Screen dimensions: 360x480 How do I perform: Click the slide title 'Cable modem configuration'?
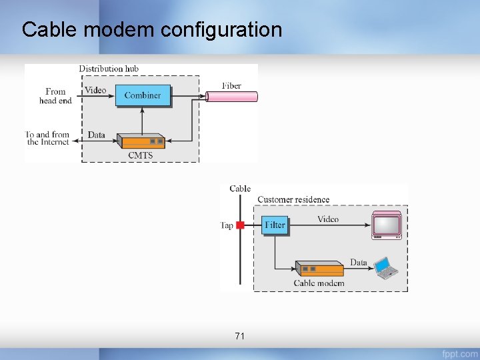click(152, 30)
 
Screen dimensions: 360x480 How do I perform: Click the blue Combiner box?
click(143, 95)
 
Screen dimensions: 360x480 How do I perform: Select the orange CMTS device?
click(141, 141)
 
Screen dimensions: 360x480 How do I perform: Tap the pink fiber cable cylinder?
click(231, 97)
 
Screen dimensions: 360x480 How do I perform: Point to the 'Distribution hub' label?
click(109, 69)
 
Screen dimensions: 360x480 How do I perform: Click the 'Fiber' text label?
click(231, 85)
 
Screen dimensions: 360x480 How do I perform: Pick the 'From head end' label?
click(56, 96)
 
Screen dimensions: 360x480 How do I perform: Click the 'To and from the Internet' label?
click(48, 138)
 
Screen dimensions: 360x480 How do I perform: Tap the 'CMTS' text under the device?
click(140, 155)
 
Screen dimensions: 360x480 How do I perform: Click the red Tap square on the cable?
click(241, 225)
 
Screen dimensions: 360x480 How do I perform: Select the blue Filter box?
click(275, 225)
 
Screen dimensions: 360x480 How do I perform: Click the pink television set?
click(387, 225)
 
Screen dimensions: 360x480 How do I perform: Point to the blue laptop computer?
click(387, 267)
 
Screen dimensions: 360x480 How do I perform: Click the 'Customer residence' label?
click(293, 199)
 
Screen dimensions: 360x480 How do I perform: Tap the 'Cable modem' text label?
click(319, 283)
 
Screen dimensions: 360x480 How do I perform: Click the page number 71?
click(240, 336)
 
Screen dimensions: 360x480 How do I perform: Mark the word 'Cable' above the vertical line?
click(240, 189)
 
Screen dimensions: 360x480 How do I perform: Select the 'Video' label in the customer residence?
click(327, 219)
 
